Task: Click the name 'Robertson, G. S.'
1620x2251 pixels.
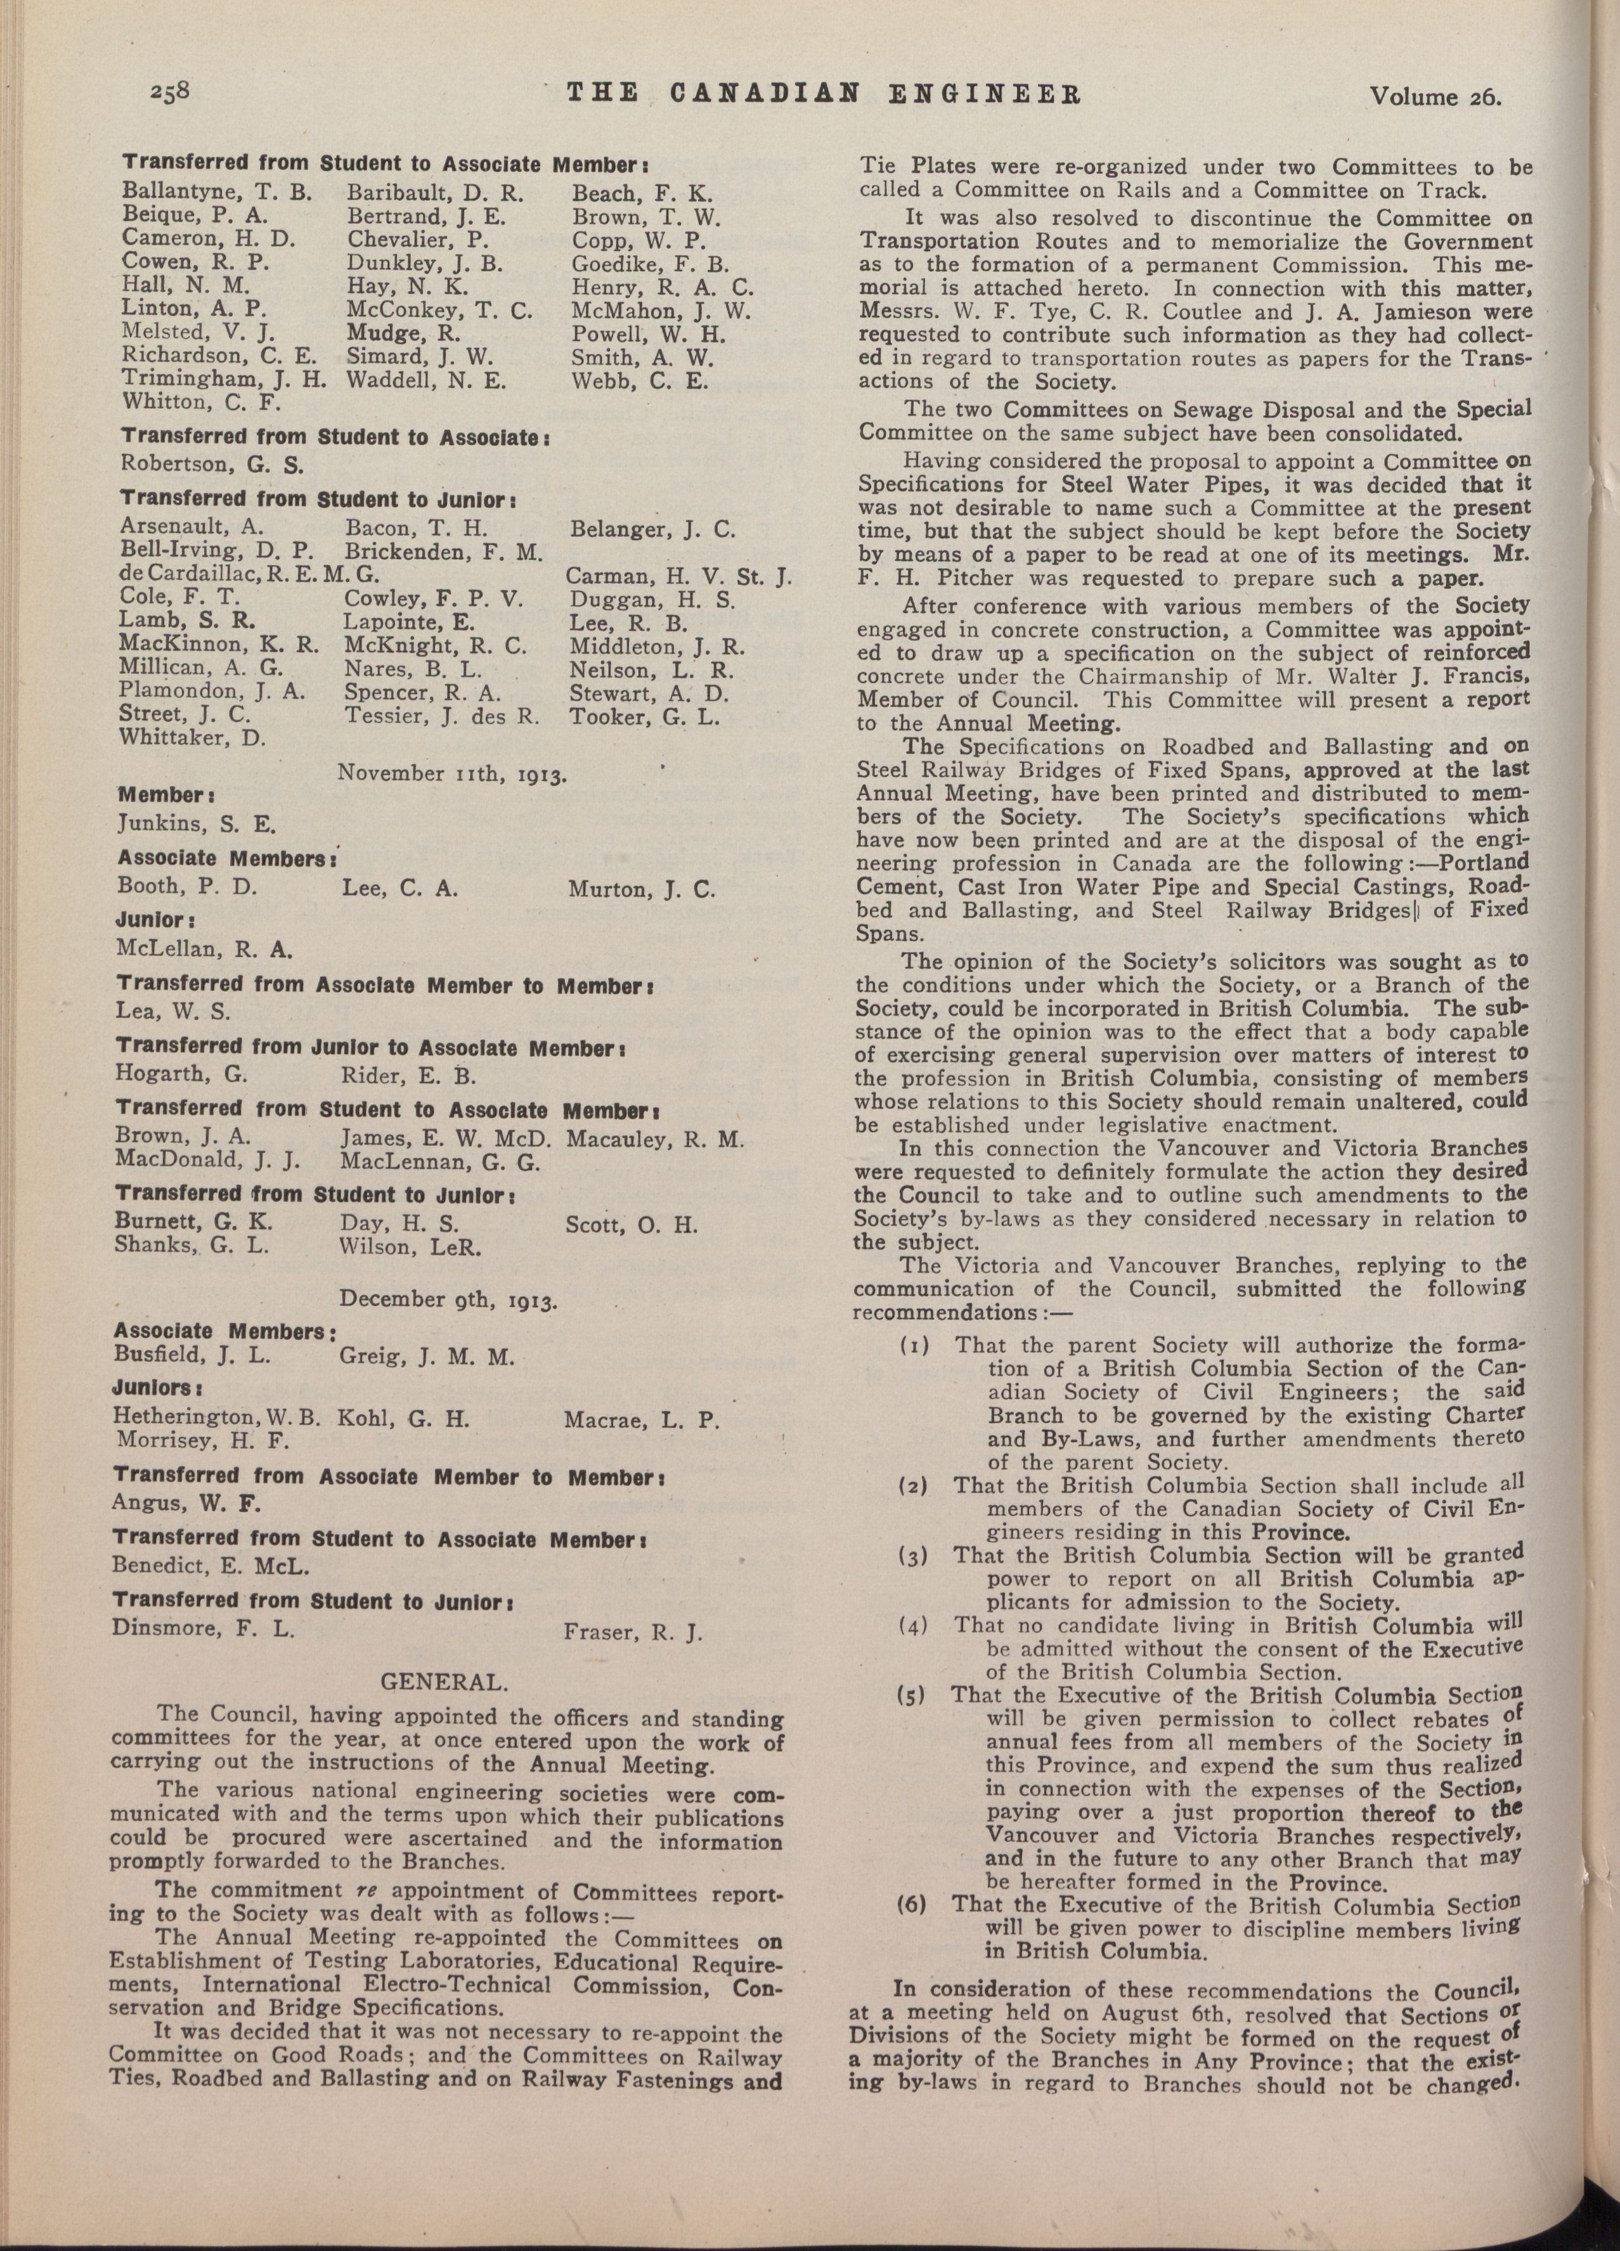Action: tap(198, 463)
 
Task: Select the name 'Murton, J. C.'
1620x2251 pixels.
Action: tap(641, 889)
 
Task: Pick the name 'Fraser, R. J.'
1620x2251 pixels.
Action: tap(632, 1630)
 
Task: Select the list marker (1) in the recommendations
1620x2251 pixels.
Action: tap(913, 1347)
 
